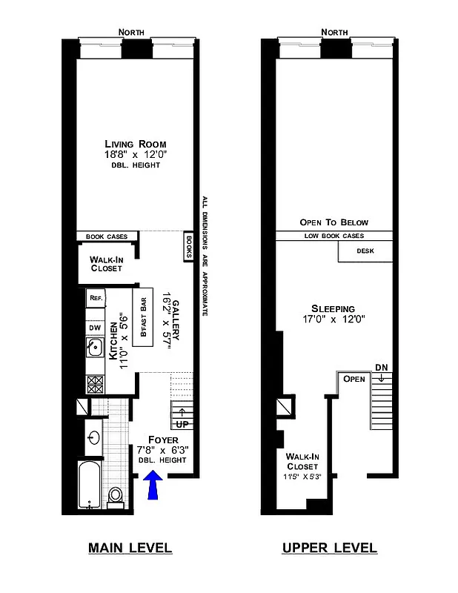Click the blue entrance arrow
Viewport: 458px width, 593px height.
tap(154, 486)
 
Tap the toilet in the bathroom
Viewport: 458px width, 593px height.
tap(116, 496)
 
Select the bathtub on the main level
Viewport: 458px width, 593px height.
tap(90, 485)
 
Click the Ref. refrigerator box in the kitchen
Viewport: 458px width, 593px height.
tap(96, 298)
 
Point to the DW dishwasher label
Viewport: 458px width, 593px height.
tap(95, 327)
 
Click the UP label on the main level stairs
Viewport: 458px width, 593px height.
tap(181, 424)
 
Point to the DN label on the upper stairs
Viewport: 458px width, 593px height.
tap(381, 367)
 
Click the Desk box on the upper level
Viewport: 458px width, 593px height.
tap(365, 251)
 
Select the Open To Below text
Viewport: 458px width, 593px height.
tap(333, 222)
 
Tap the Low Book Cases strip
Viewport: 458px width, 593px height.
tap(333, 236)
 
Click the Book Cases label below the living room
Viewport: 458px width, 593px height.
tap(107, 237)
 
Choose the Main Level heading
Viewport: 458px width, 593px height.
tap(130, 549)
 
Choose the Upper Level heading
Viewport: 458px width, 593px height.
tap(329, 549)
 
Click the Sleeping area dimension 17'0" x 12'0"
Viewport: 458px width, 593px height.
tap(333, 320)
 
